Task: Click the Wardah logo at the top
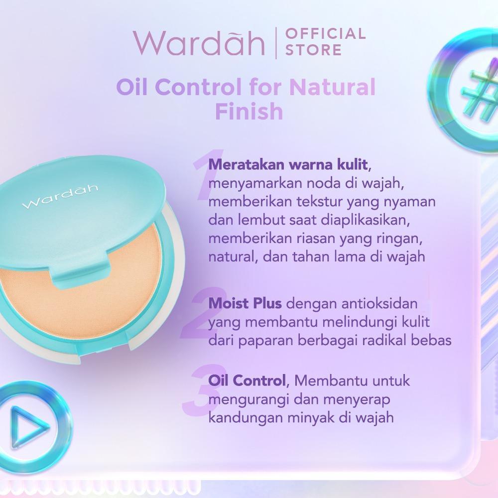[x=198, y=43]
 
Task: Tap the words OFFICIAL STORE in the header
[x=325, y=42]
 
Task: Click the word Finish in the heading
[x=249, y=112]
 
